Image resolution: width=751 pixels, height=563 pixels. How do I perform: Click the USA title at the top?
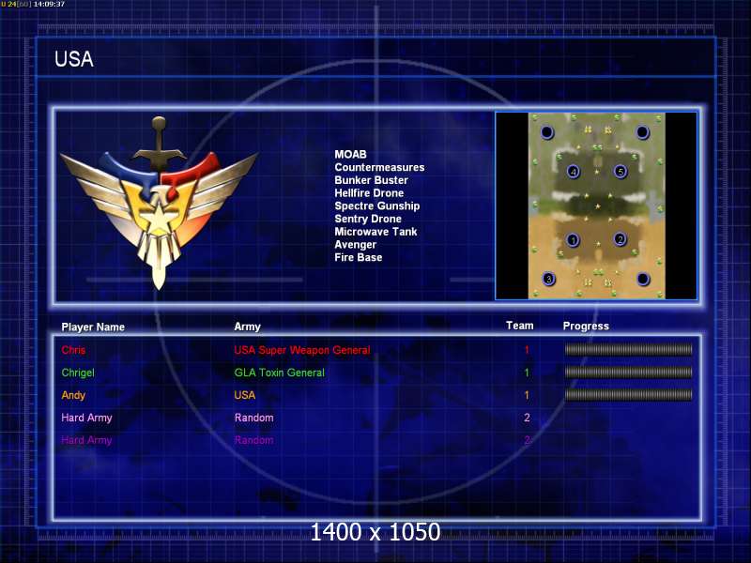click(x=74, y=59)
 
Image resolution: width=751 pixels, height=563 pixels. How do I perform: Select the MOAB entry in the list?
click(x=350, y=154)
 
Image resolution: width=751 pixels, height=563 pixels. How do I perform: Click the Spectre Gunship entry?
click(x=377, y=205)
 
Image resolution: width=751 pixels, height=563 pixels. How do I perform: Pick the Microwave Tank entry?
click(x=375, y=232)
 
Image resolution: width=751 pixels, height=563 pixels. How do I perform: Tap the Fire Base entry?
click(x=359, y=257)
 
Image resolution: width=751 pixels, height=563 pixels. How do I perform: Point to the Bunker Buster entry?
click(x=371, y=180)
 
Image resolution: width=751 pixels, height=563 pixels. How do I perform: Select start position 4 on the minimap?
click(x=573, y=172)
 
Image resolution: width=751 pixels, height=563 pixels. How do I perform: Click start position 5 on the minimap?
click(x=621, y=171)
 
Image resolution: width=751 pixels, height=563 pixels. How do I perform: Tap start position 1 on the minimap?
click(x=573, y=240)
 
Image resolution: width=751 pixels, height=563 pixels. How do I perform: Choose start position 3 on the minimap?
click(x=549, y=278)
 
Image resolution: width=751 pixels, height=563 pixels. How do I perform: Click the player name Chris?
click(x=73, y=350)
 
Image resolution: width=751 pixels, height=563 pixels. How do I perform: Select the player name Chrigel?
click(x=78, y=373)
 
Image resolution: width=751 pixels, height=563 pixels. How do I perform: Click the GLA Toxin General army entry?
click(x=279, y=373)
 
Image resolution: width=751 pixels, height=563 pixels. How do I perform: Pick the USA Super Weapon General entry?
click(x=302, y=350)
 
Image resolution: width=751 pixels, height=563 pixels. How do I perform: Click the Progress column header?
click(x=586, y=327)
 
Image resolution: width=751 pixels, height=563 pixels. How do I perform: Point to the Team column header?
click(x=520, y=326)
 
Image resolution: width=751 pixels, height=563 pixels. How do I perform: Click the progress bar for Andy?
click(x=628, y=395)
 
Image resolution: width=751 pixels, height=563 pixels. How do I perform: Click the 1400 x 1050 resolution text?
click(x=375, y=532)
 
